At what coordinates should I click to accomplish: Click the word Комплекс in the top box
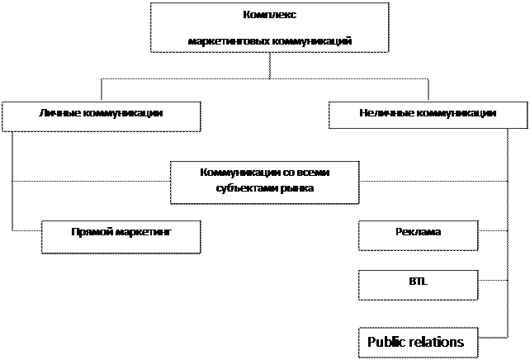pyautogui.click(x=270, y=15)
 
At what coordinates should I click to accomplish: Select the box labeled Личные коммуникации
pyautogui.click(x=101, y=116)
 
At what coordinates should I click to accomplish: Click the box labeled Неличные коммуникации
pyautogui.click(x=428, y=115)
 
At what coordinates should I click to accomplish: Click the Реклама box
pyautogui.click(x=418, y=235)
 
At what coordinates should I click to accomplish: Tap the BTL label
pyautogui.click(x=418, y=281)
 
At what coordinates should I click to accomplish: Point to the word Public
pyautogui.click(x=385, y=342)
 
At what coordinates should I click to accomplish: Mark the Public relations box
pyautogui.click(x=418, y=343)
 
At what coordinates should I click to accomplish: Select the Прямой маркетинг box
pyautogui.click(x=121, y=236)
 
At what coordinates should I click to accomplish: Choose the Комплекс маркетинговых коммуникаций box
pyautogui.click(x=270, y=27)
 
